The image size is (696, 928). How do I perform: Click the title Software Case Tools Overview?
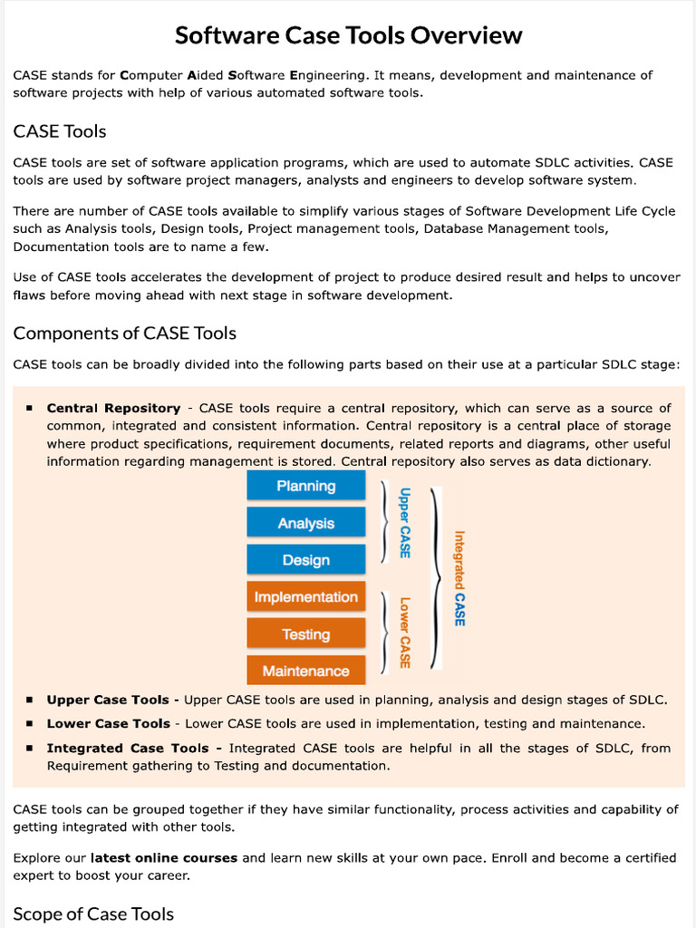coord(348,35)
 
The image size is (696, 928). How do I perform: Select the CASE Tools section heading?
coord(60,131)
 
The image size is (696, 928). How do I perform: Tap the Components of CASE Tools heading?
coord(124,333)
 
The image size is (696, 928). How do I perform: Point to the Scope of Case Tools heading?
coord(93,913)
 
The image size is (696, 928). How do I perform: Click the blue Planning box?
coord(306,486)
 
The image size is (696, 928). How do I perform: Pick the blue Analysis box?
coord(306,523)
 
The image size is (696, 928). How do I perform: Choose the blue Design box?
coord(306,560)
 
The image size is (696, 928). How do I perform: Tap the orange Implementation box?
coord(306,597)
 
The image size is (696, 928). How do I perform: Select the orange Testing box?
coord(306,634)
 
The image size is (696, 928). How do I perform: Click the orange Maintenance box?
coord(306,672)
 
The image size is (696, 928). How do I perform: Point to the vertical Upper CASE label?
coord(405,523)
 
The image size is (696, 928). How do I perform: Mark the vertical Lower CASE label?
coord(405,632)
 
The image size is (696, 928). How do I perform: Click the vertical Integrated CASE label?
coord(459,578)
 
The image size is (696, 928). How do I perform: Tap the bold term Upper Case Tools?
coord(108,700)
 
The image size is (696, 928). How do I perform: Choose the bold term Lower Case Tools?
coord(108,723)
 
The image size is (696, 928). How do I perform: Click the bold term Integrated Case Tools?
coord(128,748)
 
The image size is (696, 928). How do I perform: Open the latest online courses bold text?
coord(164,857)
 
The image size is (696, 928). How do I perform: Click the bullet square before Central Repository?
coord(30,409)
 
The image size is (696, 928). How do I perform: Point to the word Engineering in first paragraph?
coord(328,75)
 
